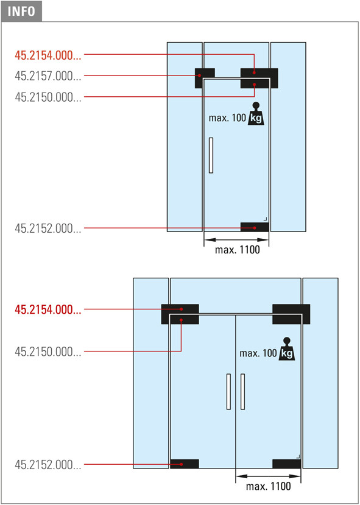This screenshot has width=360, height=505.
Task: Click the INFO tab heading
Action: pyautogui.click(x=21, y=12)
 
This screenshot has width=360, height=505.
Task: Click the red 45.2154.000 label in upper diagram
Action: pyautogui.click(x=48, y=55)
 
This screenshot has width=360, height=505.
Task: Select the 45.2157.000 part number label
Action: pyautogui.click(x=48, y=76)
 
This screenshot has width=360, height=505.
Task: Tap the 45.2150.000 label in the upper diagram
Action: pyautogui.click(x=48, y=97)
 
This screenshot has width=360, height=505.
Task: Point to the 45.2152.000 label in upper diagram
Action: pyautogui.click(x=48, y=228)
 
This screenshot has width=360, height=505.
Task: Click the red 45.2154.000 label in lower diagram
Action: pyautogui.click(x=48, y=309)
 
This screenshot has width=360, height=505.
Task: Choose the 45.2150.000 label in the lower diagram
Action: pyautogui.click(x=48, y=351)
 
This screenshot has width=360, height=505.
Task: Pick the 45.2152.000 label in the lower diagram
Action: pyautogui.click(x=48, y=465)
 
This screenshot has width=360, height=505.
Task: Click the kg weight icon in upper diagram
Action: pyautogui.click(x=256, y=114)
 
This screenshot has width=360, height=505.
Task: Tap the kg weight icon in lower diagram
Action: pyautogui.click(x=287, y=349)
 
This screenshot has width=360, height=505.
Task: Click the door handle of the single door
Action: pyautogui.click(x=211, y=155)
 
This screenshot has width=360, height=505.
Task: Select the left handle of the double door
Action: pyautogui.click(x=228, y=392)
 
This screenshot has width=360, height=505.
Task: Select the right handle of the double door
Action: pyautogui.click(x=243, y=392)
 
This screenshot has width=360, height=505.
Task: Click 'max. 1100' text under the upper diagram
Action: pyautogui.click(x=238, y=250)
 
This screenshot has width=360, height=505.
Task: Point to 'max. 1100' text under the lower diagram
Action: pyautogui.click(x=268, y=486)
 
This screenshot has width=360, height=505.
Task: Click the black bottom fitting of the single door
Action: pyautogui.click(x=255, y=227)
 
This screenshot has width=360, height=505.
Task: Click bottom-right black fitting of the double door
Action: pyautogui.click(x=286, y=464)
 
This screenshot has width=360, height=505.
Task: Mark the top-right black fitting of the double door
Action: pyautogui.click(x=291, y=314)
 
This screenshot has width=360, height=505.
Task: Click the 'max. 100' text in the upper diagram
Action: pyautogui.click(x=227, y=118)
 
